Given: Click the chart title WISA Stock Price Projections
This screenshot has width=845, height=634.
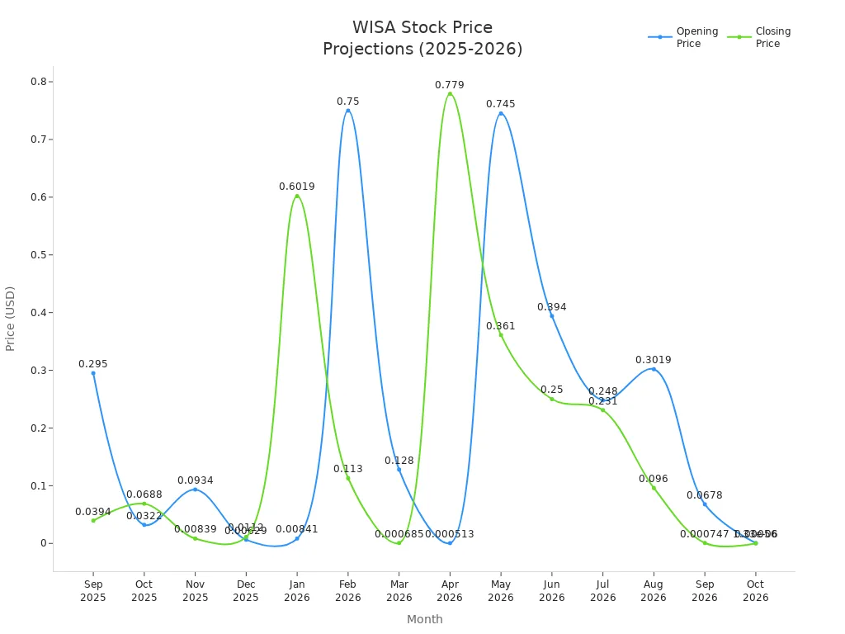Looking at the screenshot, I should tap(422, 39).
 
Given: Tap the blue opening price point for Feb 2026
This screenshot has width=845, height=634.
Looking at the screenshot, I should tap(347, 111).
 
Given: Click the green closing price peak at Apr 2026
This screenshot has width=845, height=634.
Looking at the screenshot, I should tap(450, 94).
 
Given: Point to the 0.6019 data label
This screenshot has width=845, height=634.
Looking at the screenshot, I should tap(296, 187).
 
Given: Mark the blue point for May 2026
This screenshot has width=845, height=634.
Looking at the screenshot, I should tap(500, 113).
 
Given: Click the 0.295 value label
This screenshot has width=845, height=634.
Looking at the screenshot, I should tap(93, 364).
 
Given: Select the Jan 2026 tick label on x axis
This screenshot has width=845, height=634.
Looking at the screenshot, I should tap(296, 591).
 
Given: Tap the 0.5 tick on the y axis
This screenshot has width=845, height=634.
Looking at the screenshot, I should tap(39, 254).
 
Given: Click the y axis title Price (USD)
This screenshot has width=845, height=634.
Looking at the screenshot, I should tap(11, 318).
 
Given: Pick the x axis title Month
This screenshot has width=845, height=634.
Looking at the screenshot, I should tap(424, 619).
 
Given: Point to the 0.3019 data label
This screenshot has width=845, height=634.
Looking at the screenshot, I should tap(653, 360).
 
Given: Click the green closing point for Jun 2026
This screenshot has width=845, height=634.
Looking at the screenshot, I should tap(552, 399).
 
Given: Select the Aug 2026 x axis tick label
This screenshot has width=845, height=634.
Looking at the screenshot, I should tap(653, 591).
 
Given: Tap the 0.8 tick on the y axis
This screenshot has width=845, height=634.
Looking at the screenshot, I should tap(39, 82).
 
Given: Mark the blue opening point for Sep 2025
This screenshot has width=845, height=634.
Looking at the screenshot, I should tap(93, 373).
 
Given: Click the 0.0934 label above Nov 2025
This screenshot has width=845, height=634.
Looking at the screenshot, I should tap(195, 480).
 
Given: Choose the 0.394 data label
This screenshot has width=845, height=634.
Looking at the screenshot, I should tap(551, 307).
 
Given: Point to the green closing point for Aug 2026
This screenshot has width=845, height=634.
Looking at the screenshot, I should tap(654, 488).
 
